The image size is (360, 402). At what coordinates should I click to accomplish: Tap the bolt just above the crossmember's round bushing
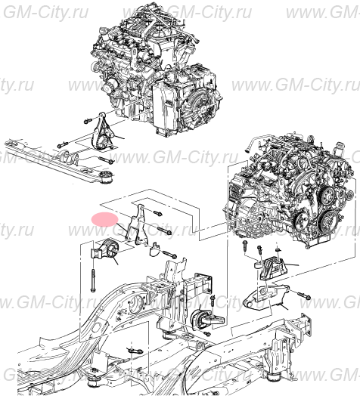tap(106, 161)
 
